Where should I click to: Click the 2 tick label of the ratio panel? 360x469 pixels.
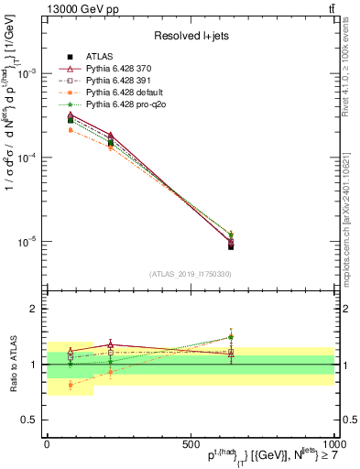(35, 310)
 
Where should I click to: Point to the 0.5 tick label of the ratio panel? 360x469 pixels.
(31, 420)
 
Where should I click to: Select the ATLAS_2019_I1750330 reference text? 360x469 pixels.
(190, 274)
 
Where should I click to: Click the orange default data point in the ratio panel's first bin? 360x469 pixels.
(71, 385)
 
